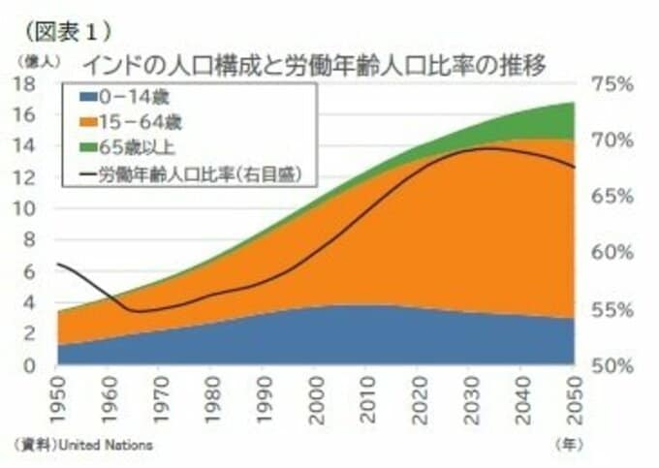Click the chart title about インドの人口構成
point(315,66)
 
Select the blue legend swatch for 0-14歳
point(85,97)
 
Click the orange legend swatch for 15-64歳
point(85,122)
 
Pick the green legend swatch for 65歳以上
point(85,148)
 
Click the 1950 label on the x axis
point(58,399)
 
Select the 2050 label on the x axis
point(575,399)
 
